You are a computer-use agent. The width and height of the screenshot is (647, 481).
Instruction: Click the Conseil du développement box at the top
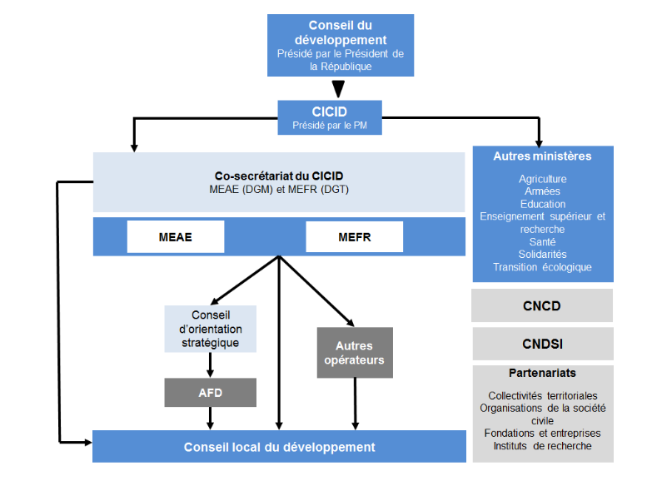[340, 45]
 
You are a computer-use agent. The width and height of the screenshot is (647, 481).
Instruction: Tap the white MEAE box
[175, 237]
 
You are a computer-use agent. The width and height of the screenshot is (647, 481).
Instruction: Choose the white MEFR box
[355, 237]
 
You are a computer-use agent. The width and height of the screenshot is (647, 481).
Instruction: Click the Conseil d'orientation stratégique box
[210, 329]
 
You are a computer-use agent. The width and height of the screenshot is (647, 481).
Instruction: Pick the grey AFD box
[210, 392]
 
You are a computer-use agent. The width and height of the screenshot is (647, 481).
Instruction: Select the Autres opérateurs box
[354, 353]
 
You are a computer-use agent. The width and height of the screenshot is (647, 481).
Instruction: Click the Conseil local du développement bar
[279, 447]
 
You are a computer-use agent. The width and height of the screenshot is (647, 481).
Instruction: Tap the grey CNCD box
[542, 305]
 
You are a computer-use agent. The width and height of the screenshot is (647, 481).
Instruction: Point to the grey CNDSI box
[542, 344]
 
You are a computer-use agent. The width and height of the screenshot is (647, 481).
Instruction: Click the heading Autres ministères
[542, 156]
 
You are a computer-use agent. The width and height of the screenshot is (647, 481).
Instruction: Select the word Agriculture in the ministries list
[542, 179]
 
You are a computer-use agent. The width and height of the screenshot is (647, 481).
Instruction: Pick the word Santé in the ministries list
[542, 241]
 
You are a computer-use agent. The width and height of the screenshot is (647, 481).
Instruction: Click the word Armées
[542, 191]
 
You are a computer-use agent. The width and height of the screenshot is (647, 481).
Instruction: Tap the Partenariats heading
[542, 374]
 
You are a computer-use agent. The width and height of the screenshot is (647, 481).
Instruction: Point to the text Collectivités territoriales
[542, 396]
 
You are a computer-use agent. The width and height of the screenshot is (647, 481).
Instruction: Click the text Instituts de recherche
[542, 446]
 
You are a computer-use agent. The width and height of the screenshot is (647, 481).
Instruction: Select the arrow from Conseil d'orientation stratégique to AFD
[210, 364]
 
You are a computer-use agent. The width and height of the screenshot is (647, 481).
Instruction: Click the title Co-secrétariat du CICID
[279, 176]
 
